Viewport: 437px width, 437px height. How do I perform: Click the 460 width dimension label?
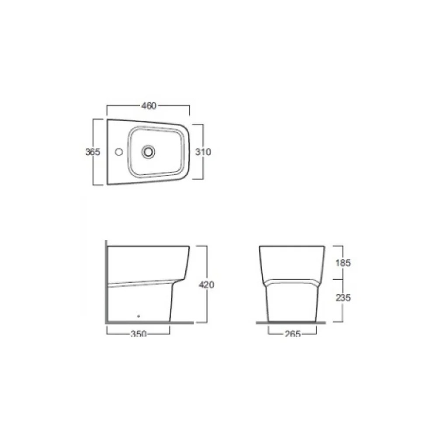149,106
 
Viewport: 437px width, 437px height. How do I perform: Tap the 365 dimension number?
93,152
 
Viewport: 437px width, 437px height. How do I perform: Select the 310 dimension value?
203,152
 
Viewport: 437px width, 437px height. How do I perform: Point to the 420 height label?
207,284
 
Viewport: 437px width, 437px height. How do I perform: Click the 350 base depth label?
139,333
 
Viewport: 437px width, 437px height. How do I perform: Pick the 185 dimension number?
343,263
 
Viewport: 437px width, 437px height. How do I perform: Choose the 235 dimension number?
343,298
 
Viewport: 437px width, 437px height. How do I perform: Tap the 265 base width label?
293,333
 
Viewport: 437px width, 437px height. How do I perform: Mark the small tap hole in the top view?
119,152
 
